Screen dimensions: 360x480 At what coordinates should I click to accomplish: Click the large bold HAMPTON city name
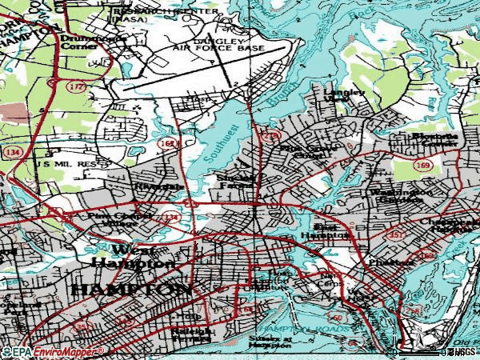tap(132, 288)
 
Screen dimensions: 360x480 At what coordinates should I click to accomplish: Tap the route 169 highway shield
tap(423, 166)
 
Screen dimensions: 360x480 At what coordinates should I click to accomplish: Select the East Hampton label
tap(325, 231)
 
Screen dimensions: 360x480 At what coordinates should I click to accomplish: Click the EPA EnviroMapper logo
tap(53, 351)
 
